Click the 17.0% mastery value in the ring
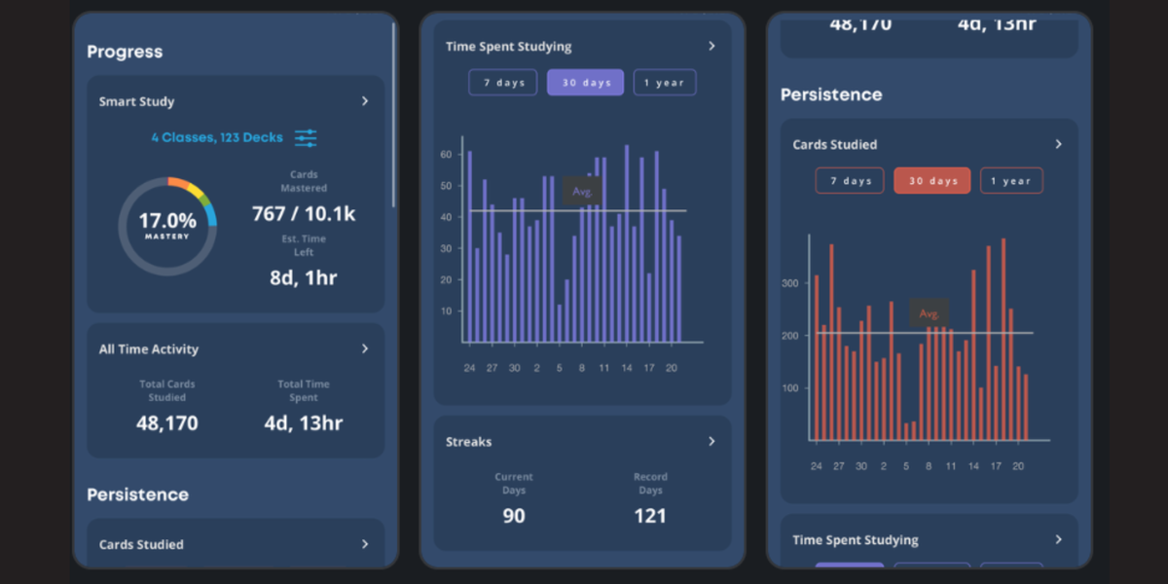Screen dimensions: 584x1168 click(x=166, y=222)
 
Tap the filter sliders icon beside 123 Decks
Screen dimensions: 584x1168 click(x=306, y=138)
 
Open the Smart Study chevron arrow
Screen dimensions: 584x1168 click(x=365, y=101)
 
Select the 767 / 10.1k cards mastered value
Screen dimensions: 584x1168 click(x=304, y=214)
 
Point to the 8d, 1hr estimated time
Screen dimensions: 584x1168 click(x=304, y=277)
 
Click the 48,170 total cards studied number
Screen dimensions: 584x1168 click(x=167, y=422)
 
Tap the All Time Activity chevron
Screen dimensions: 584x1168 click(x=365, y=348)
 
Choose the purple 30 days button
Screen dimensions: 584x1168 click(x=585, y=83)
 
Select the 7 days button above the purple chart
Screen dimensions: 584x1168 click(x=503, y=83)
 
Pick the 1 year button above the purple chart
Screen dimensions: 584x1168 click(x=665, y=83)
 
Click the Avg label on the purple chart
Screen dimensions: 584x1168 click(x=582, y=192)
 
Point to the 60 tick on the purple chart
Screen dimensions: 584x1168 click(x=447, y=155)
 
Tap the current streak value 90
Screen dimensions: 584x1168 click(x=514, y=516)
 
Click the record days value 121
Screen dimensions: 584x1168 click(x=650, y=516)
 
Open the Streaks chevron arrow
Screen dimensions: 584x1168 click(x=712, y=442)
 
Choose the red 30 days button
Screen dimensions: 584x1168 click(x=932, y=181)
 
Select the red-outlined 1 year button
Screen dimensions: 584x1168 click(x=1011, y=181)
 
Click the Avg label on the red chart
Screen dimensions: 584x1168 click(x=929, y=313)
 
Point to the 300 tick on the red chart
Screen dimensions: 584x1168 click(x=789, y=283)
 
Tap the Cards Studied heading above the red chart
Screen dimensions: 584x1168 click(x=835, y=145)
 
